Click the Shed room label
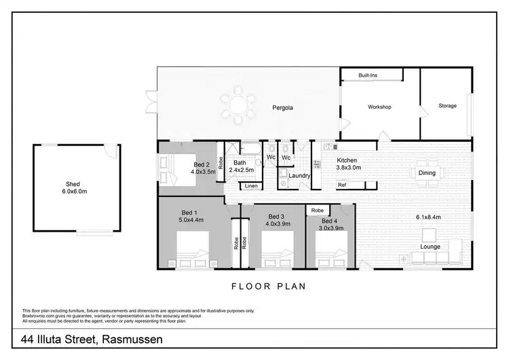[73, 184]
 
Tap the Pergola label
[283, 108]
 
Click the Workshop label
[380, 107]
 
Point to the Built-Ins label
[369, 75]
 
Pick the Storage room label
[447, 106]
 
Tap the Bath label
[240, 163]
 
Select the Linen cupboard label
[250, 185]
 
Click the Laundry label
[299, 176]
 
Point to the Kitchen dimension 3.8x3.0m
[349, 167]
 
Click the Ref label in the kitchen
[343, 185]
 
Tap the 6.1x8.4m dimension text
[429, 217]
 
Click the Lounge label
[430, 246]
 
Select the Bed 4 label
[328, 222]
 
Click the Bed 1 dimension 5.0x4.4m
[191, 219]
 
